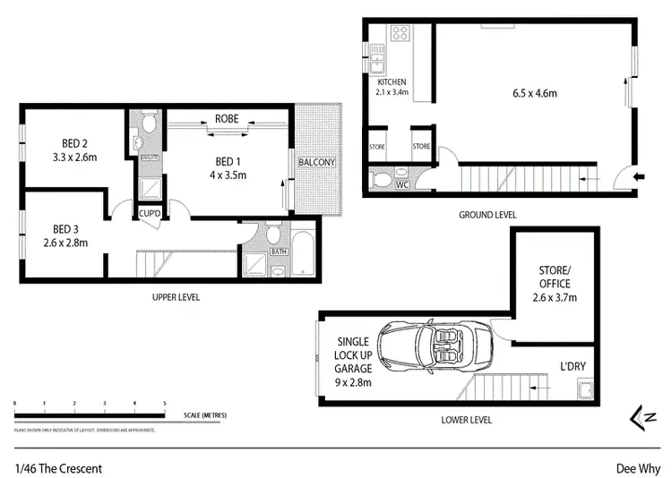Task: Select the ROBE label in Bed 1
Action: [225, 118]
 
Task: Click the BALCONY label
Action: [317, 162]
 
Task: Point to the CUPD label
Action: [149, 212]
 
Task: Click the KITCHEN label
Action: [392, 81]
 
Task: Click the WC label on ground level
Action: [403, 185]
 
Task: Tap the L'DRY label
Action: [573, 368]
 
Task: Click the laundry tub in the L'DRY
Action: [585, 390]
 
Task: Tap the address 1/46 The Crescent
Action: [58, 467]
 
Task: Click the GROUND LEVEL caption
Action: [487, 215]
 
